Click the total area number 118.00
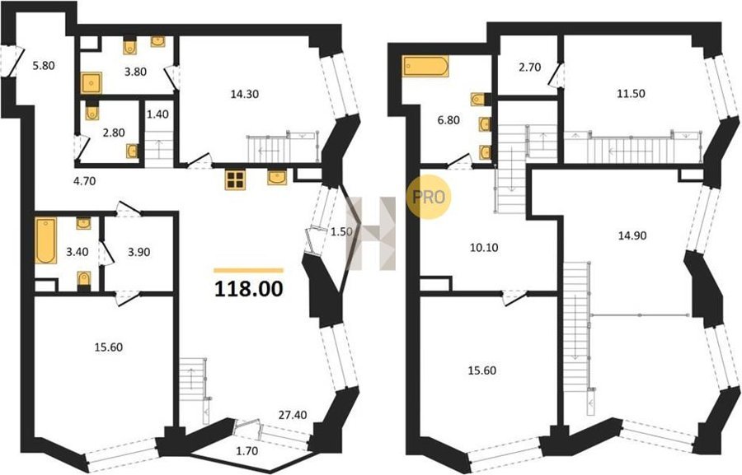(x=249, y=289)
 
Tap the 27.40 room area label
(x=292, y=415)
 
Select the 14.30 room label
(x=245, y=94)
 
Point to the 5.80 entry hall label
(x=44, y=66)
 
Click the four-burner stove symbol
(x=235, y=179)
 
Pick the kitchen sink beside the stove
(x=277, y=177)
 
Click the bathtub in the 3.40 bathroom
(x=46, y=240)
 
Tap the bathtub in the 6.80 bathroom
(x=425, y=66)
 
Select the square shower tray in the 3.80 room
(x=92, y=83)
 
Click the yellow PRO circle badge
(x=429, y=197)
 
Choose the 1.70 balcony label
(x=247, y=451)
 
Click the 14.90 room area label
(x=632, y=235)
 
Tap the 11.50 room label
(x=631, y=94)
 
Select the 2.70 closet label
(x=529, y=68)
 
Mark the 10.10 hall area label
(x=485, y=247)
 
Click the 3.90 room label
(x=139, y=252)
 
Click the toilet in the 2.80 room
(x=92, y=110)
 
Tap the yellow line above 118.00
(x=249, y=271)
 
